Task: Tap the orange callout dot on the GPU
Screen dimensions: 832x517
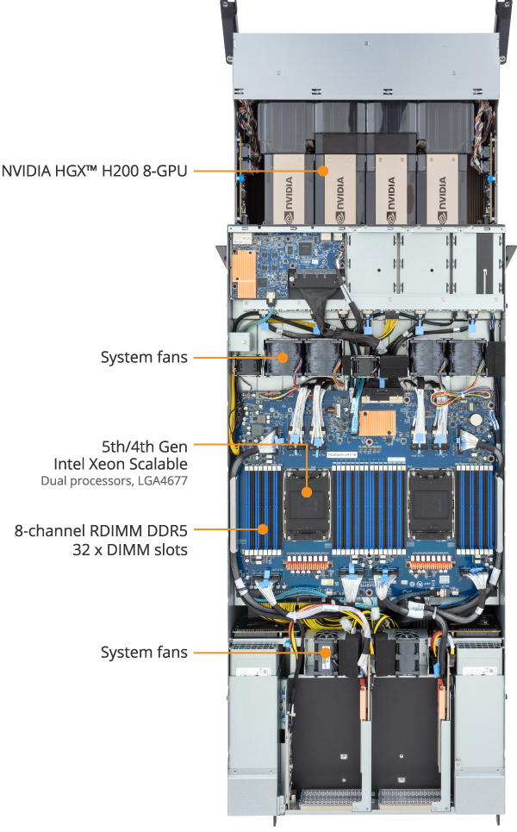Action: click(324, 171)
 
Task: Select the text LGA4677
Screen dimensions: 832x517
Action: click(162, 480)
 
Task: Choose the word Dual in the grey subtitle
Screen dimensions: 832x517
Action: click(54, 480)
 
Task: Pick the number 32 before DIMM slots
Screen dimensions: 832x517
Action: click(86, 549)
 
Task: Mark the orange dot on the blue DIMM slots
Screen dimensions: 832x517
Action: click(264, 528)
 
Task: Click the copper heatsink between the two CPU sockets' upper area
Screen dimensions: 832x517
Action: click(377, 422)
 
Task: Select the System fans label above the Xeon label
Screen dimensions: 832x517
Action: click(144, 356)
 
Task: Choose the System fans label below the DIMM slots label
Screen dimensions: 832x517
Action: click(144, 652)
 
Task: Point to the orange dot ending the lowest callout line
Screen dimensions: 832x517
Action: click(325, 653)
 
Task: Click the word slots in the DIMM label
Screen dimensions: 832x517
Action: click(168, 549)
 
